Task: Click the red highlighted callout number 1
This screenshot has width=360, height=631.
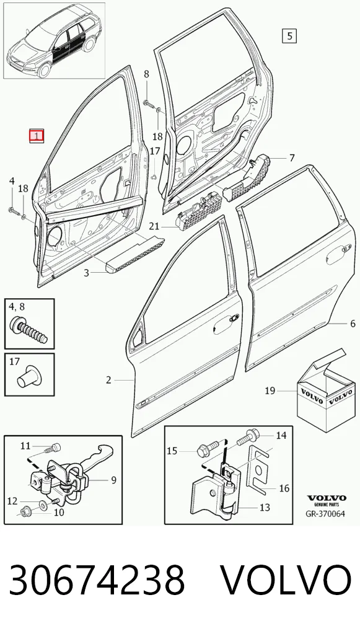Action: coord(36,136)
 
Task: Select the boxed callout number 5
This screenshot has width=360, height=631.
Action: coord(289,36)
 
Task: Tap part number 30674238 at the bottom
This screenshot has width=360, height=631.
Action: coord(97,580)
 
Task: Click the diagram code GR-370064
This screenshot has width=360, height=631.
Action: coord(325,513)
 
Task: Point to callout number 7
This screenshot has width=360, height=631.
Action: coord(292,157)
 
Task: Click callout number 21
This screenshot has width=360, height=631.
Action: coord(154,227)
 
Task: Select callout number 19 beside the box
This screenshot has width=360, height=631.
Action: coord(270,391)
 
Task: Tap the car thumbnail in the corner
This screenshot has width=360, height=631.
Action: coord(55,40)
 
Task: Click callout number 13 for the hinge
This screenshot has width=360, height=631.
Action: coord(265,508)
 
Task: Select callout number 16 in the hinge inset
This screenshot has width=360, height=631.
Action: coord(284,488)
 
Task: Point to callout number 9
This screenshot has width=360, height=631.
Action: coord(113,480)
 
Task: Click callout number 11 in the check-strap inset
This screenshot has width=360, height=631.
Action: coord(26,446)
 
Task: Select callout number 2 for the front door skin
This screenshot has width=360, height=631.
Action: coord(108,379)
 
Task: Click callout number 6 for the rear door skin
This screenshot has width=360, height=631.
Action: coord(353,324)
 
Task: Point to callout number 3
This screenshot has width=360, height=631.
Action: coord(86,273)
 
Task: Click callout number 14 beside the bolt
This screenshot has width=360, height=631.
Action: coord(281,435)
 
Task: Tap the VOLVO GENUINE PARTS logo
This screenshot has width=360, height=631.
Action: coord(327,500)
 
